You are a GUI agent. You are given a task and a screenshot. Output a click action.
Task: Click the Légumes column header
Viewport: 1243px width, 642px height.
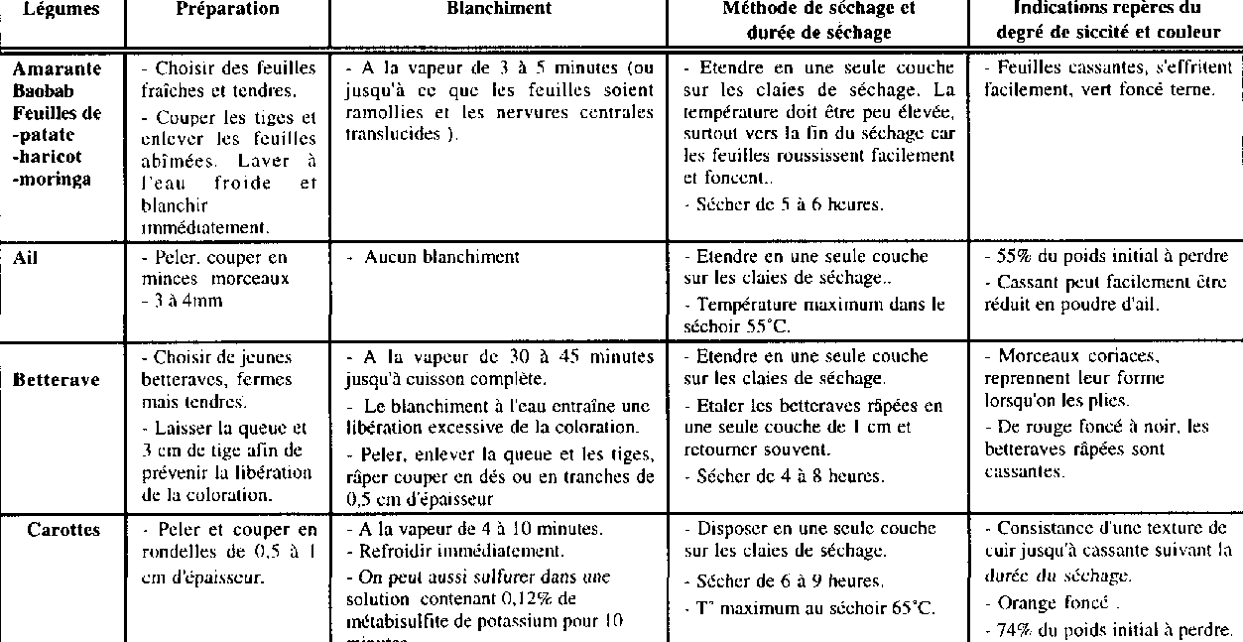click(61, 9)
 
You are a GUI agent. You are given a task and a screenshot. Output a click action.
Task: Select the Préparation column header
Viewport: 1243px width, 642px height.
click(227, 9)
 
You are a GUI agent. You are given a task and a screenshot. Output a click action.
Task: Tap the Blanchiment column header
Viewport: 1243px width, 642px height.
click(499, 9)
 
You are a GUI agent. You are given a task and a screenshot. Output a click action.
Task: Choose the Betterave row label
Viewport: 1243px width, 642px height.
click(56, 379)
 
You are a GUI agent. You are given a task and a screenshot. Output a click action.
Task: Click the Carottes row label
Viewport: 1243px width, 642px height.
click(63, 530)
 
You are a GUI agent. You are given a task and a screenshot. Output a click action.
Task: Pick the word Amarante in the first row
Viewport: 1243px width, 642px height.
click(57, 68)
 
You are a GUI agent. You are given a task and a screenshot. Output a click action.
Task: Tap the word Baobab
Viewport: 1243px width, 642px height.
click(40, 91)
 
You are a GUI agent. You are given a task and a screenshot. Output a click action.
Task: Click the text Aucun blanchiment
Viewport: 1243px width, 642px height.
click(441, 257)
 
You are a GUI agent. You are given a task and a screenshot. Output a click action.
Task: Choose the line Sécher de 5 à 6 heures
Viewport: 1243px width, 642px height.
click(784, 205)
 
